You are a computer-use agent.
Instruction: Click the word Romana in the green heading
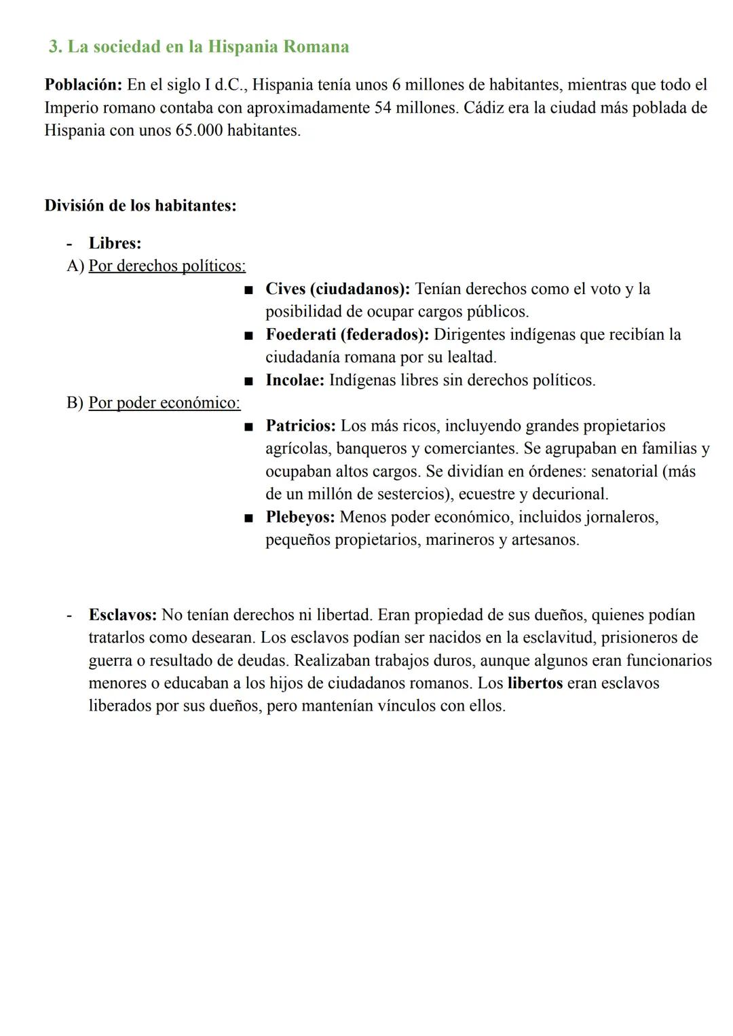click(x=316, y=47)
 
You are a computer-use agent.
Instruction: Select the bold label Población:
click(x=83, y=85)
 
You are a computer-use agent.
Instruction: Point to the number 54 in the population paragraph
click(x=383, y=107)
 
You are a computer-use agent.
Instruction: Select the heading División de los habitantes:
click(x=140, y=205)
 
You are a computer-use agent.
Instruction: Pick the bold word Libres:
click(x=115, y=243)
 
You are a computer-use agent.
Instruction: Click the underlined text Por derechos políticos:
click(x=167, y=266)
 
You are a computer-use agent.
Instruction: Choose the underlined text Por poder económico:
click(x=164, y=403)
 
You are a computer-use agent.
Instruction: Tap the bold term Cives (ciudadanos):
click(x=337, y=289)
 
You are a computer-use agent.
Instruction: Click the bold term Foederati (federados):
click(x=347, y=334)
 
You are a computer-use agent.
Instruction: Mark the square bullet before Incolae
click(x=249, y=380)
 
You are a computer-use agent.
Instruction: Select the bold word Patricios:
click(x=301, y=426)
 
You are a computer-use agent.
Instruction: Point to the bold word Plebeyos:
click(x=300, y=517)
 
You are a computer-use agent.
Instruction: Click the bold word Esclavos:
click(x=123, y=615)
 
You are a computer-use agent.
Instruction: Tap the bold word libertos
click(x=535, y=683)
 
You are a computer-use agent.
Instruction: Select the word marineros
click(x=460, y=540)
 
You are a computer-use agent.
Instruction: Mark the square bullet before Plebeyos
click(x=249, y=518)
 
